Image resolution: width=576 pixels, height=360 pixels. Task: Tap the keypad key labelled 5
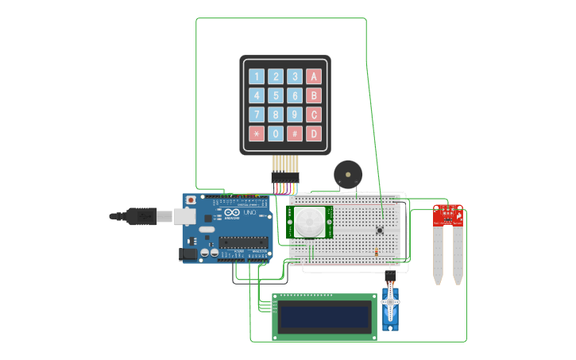[x=276, y=95]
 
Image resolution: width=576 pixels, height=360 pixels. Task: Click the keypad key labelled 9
[x=295, y=114]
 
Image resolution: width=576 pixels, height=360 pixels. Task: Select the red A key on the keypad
[x=314, y=76]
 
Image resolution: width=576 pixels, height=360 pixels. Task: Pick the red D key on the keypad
[x=314, y=134]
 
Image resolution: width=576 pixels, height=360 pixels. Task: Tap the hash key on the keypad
[x=295, y=134]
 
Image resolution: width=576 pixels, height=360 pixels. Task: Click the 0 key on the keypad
[x=276, y=134]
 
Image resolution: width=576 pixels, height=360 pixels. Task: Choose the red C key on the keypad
[x=314, y=114]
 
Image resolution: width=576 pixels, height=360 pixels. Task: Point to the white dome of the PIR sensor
[x=308, y=222]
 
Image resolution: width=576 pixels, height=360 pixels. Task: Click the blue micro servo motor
[x=389, y=308]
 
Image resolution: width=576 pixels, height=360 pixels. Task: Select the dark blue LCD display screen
[x=325, y=317]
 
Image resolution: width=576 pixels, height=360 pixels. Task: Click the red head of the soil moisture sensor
[x=448, y=215]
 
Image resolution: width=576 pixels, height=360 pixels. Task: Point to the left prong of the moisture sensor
[x=438, y=254]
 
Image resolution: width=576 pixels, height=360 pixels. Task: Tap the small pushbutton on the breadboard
[x=380, y=230]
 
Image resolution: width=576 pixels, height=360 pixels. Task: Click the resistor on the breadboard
[x=376, y=252]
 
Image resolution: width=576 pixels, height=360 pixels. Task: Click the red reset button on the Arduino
[x=191, y=200]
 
